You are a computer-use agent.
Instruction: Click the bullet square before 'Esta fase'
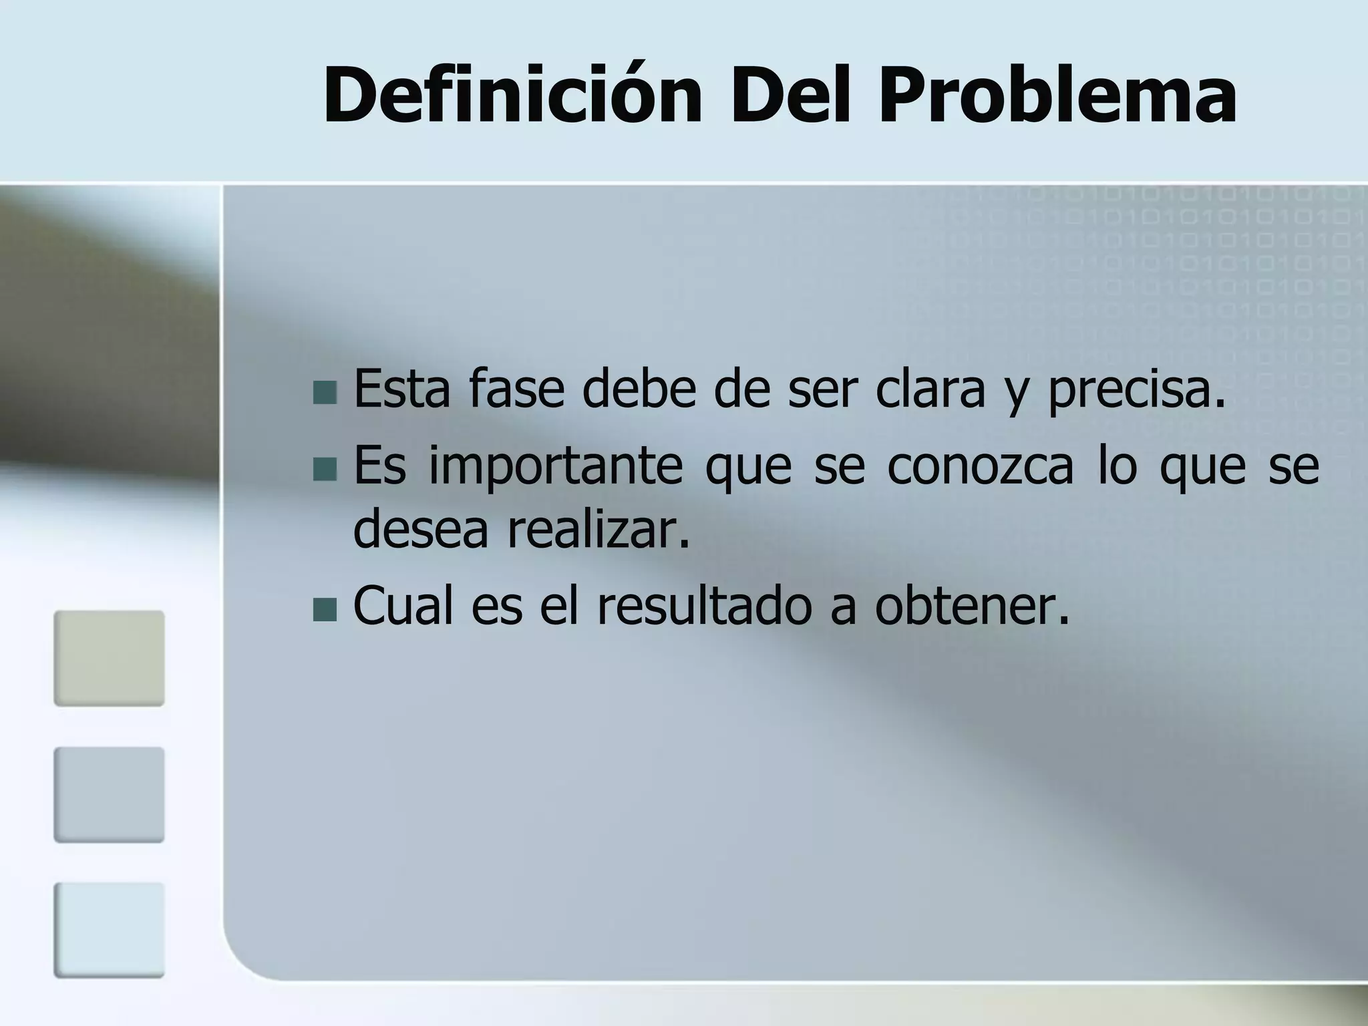[x=325, y=392]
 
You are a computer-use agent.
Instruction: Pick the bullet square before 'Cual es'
[x=325, y=609]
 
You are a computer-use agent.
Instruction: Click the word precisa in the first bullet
[x=1136, y=391]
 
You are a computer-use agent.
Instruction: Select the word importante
[x=556, y=468]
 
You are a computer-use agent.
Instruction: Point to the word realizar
[x=598, y=529]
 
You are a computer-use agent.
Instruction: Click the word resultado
[x=704, y=607]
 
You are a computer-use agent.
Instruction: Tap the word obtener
[x=972, y=607]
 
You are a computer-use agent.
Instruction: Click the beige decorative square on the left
[x=109, y=658]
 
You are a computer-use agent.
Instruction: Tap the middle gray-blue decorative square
[x=109, y=794]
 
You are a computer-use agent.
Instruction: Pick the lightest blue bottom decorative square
[x=109, y=930]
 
